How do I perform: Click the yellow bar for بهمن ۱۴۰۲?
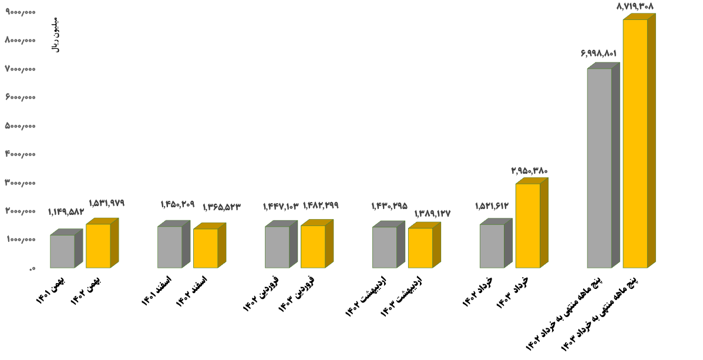pyautogui.click(x=98, y=245)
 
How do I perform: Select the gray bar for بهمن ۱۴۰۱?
pyautogui.click(x=62, y=251)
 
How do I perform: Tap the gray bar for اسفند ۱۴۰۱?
pyautogui.click(x=170, y=247)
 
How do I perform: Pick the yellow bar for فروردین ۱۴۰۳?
pyautogui.click(x=313, y=247)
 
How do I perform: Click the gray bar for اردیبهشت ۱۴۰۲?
pyautogui.click(x=385, y=247)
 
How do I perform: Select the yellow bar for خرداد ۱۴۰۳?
pyautogui.click(x=527, y=226)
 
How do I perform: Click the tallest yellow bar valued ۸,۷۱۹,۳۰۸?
pyautogui.click(x=635, y=144)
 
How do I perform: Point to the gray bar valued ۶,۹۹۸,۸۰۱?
pyautogui.click(x=599, y=168)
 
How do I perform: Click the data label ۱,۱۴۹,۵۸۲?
pyautogui.click(x=66, y=212)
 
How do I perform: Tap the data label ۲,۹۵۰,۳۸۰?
pyautogui.click(x=529, y=171)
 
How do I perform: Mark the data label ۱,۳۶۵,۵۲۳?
pyautogui.click(x=221, y=207)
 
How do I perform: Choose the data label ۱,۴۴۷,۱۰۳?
pyautogui.click(x=281, y=206)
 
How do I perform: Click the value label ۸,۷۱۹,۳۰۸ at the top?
pyautogui.click(x=635, y=6)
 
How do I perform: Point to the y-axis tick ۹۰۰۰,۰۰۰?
pyautogui.click(x=21, y=12)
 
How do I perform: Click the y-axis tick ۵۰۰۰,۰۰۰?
pyautogui.click(x=21, y=126)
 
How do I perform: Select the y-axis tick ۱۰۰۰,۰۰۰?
pyautogui.click(x=21, y=240)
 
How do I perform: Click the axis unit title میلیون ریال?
pyautogui.click(x=56, y=35)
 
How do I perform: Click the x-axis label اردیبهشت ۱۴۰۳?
pyautogui.click(x=401, y=297)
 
